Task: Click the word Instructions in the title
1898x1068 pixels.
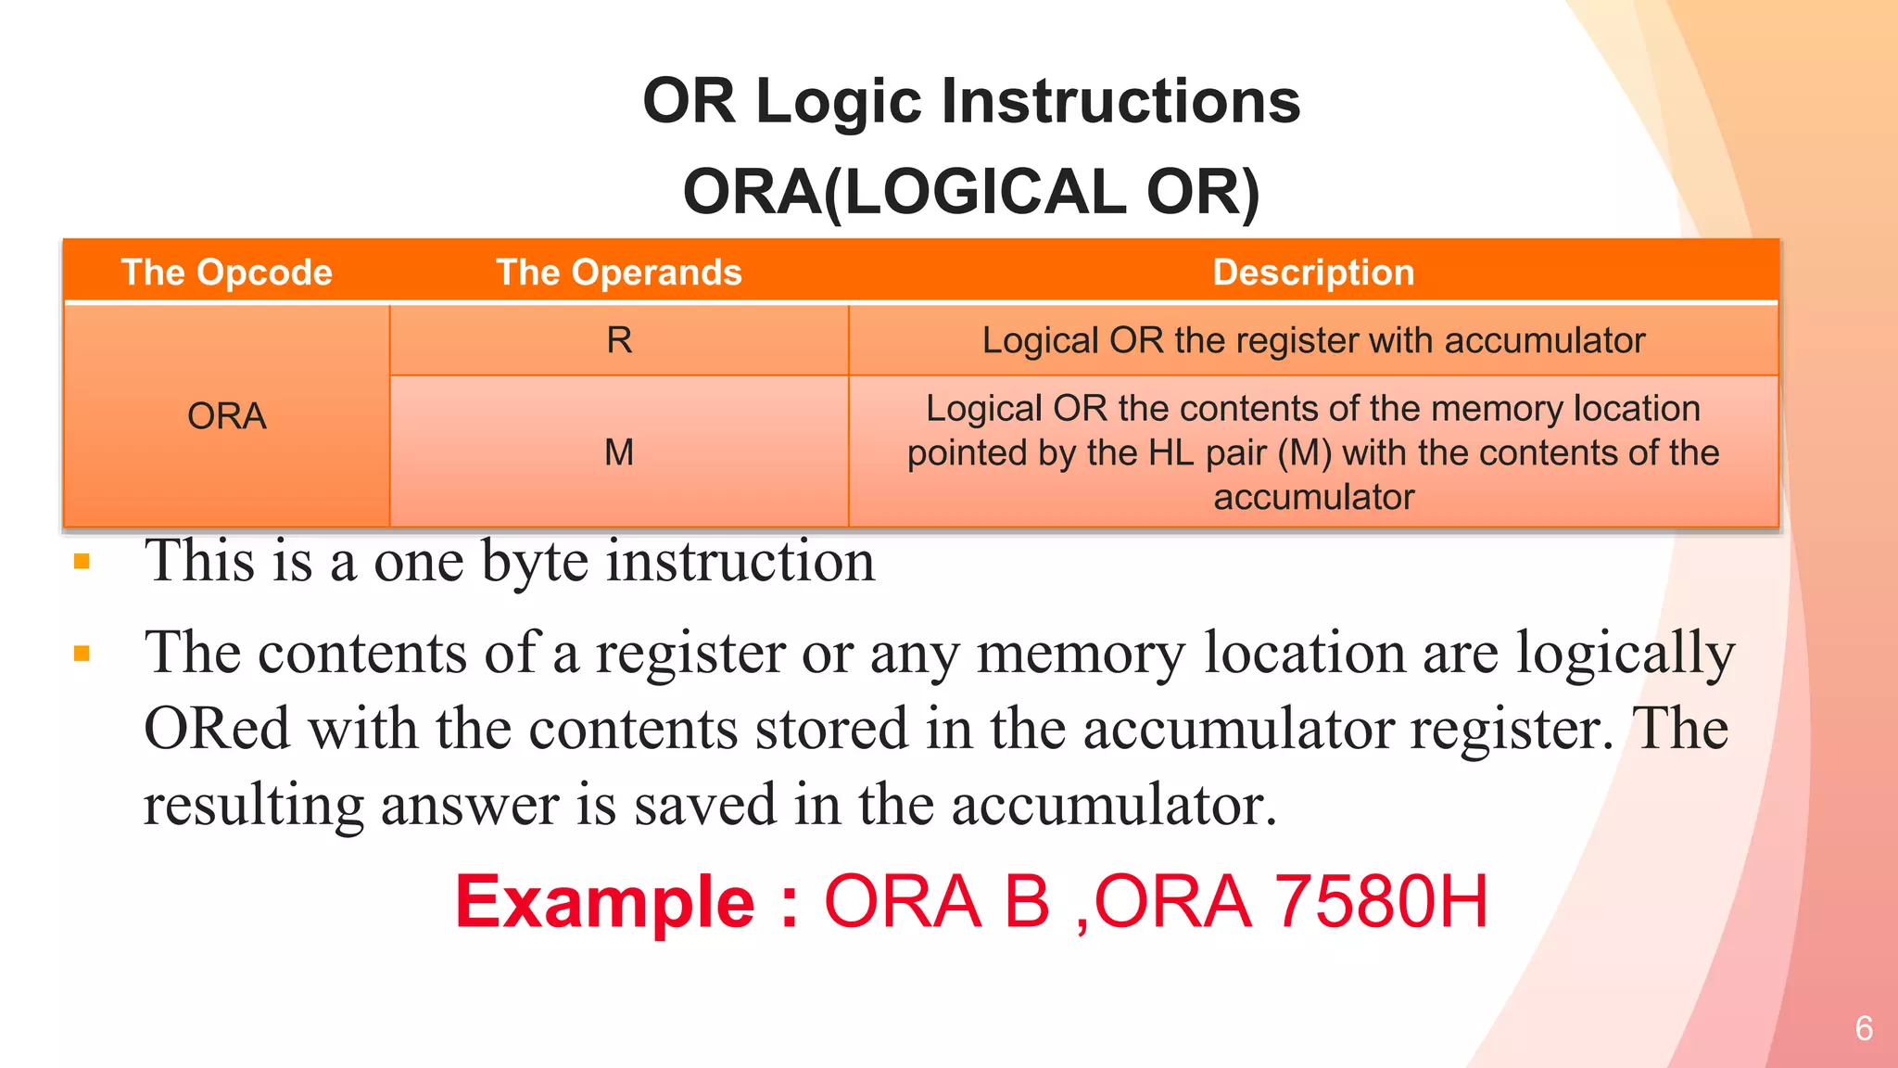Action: click(x=1120, y=101)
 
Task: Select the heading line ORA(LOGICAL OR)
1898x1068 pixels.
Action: click(x=971, y=192)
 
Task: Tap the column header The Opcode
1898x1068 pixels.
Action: click(x=226, y=273)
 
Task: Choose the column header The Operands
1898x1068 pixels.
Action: click(x=619, y=273)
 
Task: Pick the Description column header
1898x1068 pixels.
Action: click(x=1313, y=273)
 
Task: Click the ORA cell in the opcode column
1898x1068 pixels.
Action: click(x=226, y=416)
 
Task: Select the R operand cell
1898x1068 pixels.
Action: click(x=619, y=340)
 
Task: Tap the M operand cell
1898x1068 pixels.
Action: click(x=619, y=452)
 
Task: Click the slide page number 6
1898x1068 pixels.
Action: click(x=1864, y=1028)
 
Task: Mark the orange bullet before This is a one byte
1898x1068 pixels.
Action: click(x=82, y=562)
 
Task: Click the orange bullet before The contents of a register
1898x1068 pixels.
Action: click(x=82, y=654)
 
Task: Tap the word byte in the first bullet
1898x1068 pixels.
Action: click(x=535, y=562)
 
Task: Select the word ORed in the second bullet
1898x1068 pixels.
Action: click(x=217, y=729)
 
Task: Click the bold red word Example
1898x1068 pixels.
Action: click(x=604, y=902)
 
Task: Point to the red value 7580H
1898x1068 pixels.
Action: click(x=1381, y=902)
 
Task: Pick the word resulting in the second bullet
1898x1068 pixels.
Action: click(x=254, y=805)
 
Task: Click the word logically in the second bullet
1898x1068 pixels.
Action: click(x=1626, y=654)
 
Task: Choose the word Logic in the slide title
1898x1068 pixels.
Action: click(x=839, y=101)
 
